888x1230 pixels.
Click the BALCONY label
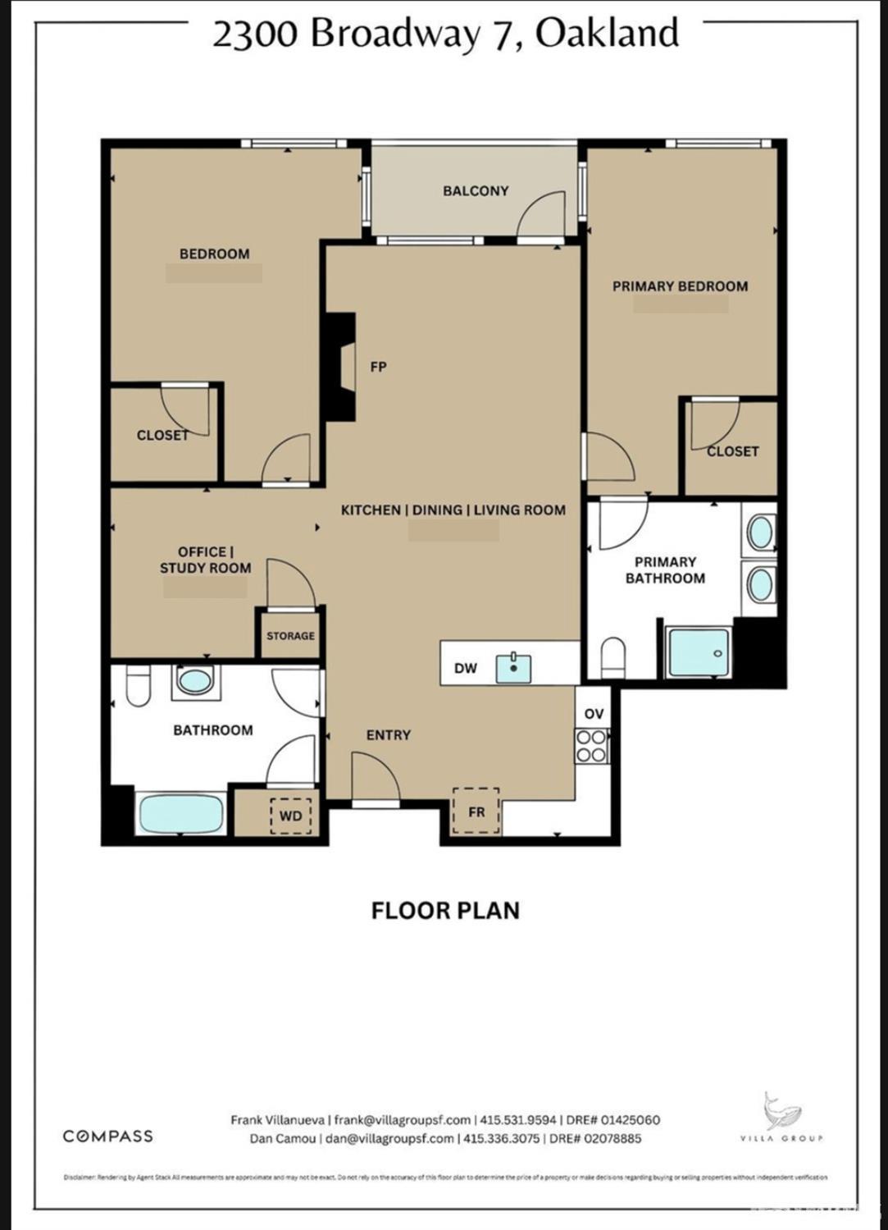476,190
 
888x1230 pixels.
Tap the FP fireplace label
378,367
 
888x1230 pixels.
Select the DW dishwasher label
465,668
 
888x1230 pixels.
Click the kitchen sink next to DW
513,668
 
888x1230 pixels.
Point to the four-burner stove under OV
591,746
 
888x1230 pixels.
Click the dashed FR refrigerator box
476,812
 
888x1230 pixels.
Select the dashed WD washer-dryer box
291,816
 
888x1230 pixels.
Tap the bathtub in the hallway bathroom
181,814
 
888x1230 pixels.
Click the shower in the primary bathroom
699,653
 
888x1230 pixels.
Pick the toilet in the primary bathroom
612,657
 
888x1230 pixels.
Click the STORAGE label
290,636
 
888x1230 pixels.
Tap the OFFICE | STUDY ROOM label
205,560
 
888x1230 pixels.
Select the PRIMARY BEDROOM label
680,286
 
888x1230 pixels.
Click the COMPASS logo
108,1136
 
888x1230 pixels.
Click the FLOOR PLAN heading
445,911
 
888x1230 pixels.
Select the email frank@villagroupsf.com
403,1120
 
